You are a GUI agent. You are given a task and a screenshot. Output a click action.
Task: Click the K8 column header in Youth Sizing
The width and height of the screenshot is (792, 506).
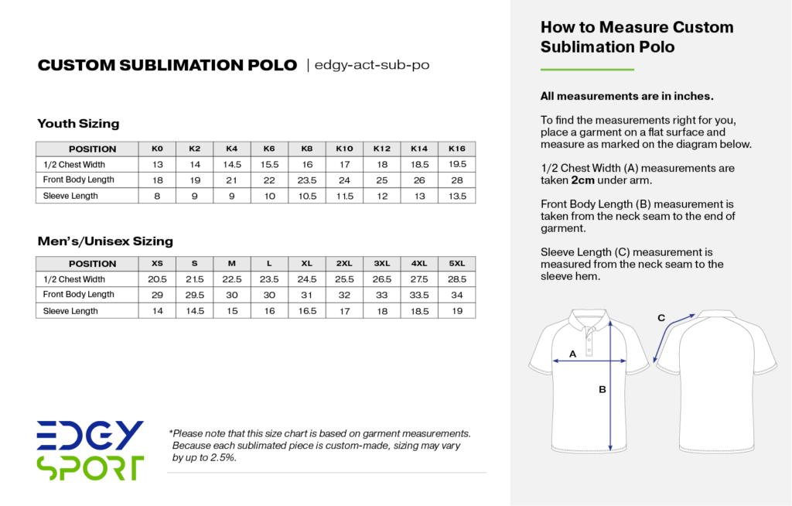307,149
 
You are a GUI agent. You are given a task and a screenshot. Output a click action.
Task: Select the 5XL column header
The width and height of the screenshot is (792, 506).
456,263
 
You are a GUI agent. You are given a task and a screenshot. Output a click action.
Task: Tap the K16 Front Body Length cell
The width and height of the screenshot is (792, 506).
456,180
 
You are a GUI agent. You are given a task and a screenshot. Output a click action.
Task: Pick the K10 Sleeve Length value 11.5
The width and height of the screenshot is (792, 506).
344,197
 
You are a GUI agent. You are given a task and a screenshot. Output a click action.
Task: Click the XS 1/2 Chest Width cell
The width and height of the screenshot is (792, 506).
157,279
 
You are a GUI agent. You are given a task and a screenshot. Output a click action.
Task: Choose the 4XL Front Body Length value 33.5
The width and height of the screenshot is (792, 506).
419,295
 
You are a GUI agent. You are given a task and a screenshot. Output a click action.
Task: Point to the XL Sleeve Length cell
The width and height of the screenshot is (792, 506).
307,311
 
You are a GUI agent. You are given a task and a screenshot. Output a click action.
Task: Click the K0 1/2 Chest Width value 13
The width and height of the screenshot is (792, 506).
157,165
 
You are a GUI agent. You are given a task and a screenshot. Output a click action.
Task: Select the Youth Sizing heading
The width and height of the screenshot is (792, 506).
78,123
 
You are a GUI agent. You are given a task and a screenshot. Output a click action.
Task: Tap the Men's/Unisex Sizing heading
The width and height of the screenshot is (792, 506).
105,241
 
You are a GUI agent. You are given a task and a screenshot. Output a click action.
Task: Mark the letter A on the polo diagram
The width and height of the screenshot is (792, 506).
572,354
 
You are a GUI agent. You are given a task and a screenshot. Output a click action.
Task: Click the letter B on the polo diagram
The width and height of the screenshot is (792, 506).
602,389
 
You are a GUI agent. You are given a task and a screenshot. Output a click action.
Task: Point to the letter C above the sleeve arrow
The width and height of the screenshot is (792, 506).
661,318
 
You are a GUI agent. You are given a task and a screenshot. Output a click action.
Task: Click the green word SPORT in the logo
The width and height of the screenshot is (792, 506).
90,468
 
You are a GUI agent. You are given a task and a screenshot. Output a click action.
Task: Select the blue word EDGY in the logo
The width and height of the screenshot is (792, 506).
90,436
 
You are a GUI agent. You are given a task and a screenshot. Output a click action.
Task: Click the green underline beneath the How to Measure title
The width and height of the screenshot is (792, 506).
587,70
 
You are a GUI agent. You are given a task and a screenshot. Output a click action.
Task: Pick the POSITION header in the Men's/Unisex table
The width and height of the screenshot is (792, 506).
92,263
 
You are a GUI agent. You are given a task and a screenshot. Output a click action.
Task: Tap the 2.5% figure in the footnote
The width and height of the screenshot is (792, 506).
221,457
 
